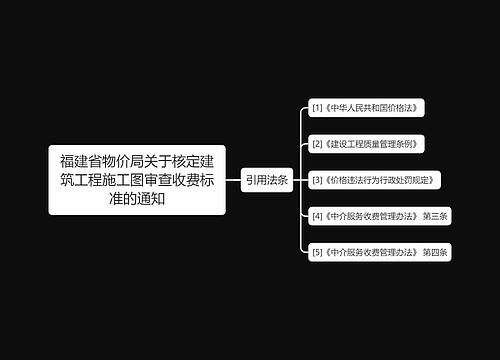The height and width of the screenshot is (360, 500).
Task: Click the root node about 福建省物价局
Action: pyautogui.click(x=136, y=180)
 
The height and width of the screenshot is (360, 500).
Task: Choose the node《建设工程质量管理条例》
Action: pyautogui.click(x=369, y=144)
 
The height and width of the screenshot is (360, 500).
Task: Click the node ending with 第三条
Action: pyautogui.click(x=381, y=216)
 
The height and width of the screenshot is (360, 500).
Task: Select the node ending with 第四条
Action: pyautogui.click(x=381, y=252)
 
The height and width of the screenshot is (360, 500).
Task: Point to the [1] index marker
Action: pyautogui.click(x=317, y=107)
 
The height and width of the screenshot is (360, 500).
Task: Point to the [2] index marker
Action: pyautogui.click(x=317, y=144)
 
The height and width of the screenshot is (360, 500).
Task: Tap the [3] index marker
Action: pyautogui.click(x=317, y=180)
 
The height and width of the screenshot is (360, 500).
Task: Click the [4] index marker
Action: pyautogui.click(x=317, y=216)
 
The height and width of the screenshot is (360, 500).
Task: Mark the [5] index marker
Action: pyautogui.click(x=317, y=252)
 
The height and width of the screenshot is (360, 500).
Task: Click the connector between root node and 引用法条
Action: pyautogui.click(x=232, y=180)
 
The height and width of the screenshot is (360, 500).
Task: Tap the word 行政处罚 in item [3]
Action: pyautogui.click(x=397, y=180)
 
